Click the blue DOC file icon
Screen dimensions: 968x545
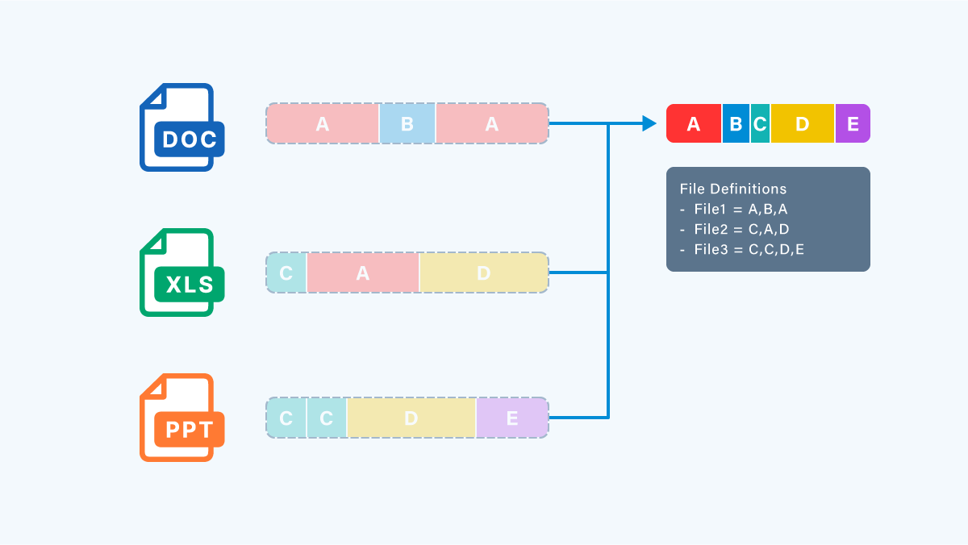[x=182, y=127]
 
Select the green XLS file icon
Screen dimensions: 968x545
[x=182, y=272]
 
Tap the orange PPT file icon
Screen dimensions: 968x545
[x=182, y=418]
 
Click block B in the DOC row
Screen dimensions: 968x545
[x=407, y=123]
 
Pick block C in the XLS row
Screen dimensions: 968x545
[x=286, y=273]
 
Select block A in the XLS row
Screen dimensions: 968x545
[x=362, y=273]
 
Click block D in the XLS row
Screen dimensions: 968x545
[x=483, y=273]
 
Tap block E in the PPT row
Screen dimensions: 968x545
[x=512, y=418]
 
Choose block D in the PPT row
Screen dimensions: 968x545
[x=411, y=418]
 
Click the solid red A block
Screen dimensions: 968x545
[x=694, y=123]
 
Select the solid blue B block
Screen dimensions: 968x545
[x=736, y=123]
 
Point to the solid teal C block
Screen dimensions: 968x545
[x=760, y=123]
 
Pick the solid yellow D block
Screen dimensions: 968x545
[x=803, y=123]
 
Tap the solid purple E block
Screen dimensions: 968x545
[x=853, y=123]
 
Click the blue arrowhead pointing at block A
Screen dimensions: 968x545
[x=649, y=123]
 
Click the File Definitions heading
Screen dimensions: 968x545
[x=733, y=189]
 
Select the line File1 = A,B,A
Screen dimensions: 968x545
[x=733, y=209]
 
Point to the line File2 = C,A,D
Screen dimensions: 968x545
[x=734, y=229]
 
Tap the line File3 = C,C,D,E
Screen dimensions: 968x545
[x=741, y=249]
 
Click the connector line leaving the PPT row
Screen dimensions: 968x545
[x=578, y=418]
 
